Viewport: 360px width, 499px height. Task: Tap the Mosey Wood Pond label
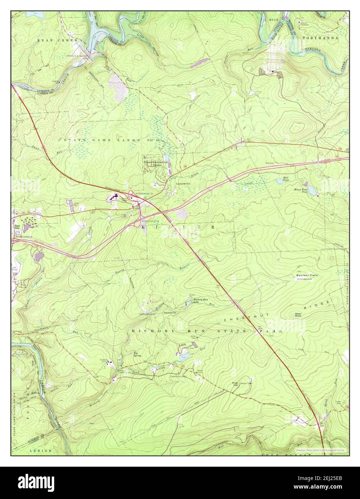pyautogui.click(x=300, y=190)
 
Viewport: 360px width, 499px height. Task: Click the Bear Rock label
pyautogui.click(x=298, y=314)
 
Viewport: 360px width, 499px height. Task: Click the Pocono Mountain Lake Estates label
pyautogui.click(x=156, y=163)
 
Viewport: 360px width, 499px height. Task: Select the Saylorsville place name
pyautogui.click(x=170, y=313)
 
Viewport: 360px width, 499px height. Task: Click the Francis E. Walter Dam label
pyautogui.click(x=81, y=56)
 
